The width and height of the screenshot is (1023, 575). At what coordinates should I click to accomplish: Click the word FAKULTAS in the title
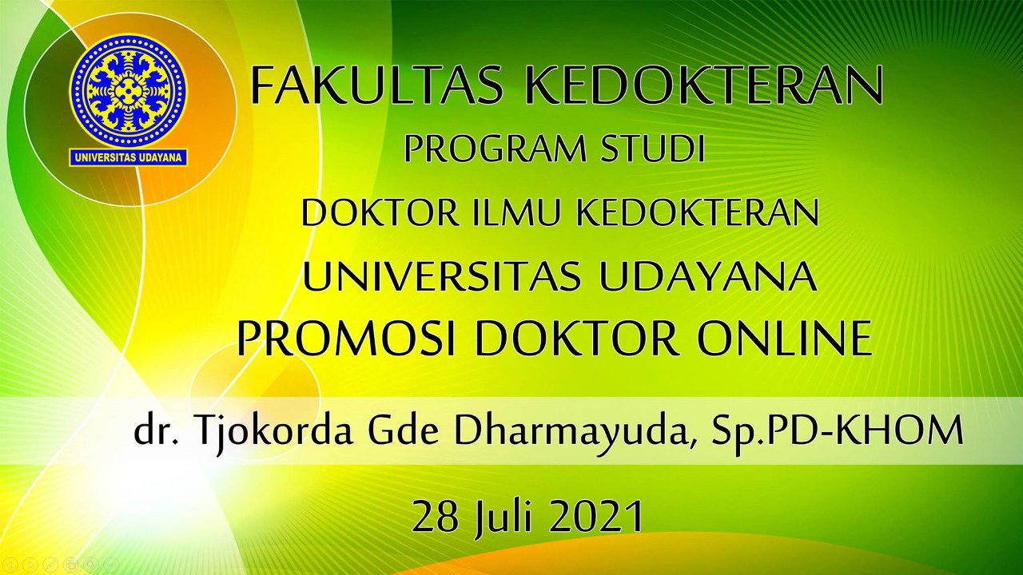click(x=377, y=85)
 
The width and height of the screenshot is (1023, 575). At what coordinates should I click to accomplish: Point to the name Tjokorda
click(x=274, y=431)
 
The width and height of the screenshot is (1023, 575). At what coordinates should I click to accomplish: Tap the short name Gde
click(x=404, y=431)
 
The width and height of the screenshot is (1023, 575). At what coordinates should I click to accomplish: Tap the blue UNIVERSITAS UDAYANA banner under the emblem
click(x=128, y=158)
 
